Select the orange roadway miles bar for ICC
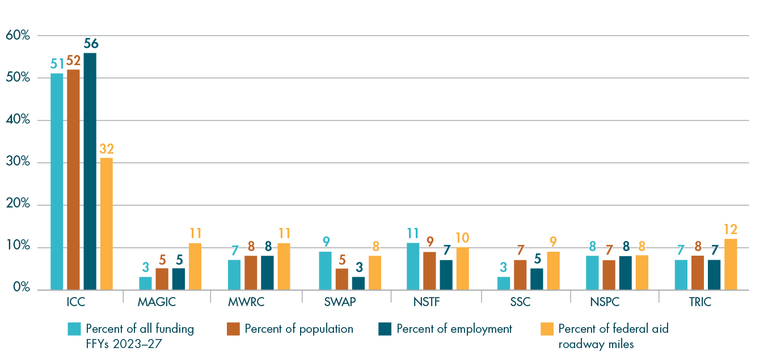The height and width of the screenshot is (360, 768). coord(106,224)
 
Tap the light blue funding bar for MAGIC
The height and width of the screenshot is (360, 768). coord(146,283)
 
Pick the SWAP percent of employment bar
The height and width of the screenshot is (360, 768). coord(358,283)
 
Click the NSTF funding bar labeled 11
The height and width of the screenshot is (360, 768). coord(413,266)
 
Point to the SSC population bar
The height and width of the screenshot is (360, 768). coord(520,275)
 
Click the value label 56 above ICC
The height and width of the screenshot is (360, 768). coord(91,44)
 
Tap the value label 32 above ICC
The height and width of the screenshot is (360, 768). coord(107,149)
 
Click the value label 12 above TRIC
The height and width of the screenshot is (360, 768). coord(730,230)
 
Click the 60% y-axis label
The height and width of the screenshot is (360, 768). coord(18,35)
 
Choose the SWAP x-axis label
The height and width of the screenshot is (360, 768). coord(341,302)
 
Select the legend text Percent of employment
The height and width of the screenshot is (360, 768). coord(454,329)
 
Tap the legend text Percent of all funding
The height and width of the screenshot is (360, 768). coord(140,329)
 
